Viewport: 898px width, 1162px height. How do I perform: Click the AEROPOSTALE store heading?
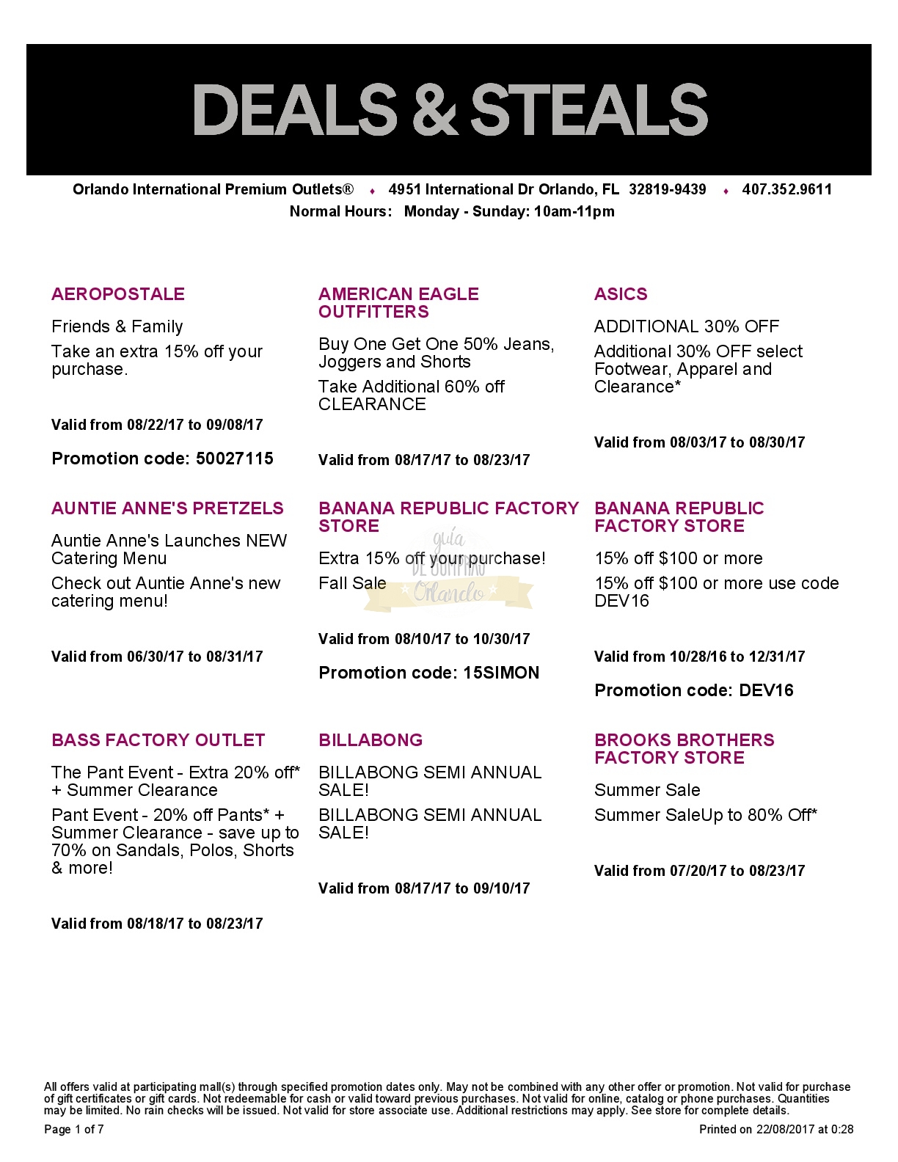[118, 294]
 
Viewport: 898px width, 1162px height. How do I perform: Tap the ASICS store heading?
[621, 294]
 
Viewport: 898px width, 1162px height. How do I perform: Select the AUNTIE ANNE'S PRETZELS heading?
[167, 508]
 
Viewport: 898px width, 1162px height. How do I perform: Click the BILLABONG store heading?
[370, 740]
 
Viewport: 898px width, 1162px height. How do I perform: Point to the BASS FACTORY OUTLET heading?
[158, 740]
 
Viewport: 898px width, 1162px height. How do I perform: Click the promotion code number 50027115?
[235, 458]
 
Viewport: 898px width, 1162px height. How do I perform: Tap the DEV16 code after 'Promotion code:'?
[766, 690]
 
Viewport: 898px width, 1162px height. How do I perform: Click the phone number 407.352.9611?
[787, 189]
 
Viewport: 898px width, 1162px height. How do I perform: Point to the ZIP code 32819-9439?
[667, 189]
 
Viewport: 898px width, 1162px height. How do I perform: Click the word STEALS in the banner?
[589, 110]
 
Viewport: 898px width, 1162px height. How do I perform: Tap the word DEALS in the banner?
[294, 110]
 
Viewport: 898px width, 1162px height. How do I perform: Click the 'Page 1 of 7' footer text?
[74, 1129]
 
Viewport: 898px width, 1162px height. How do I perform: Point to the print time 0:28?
[842, 1129]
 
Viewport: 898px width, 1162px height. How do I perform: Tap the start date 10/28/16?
[698, 657]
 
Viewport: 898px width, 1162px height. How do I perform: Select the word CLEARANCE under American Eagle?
[372, 404]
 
